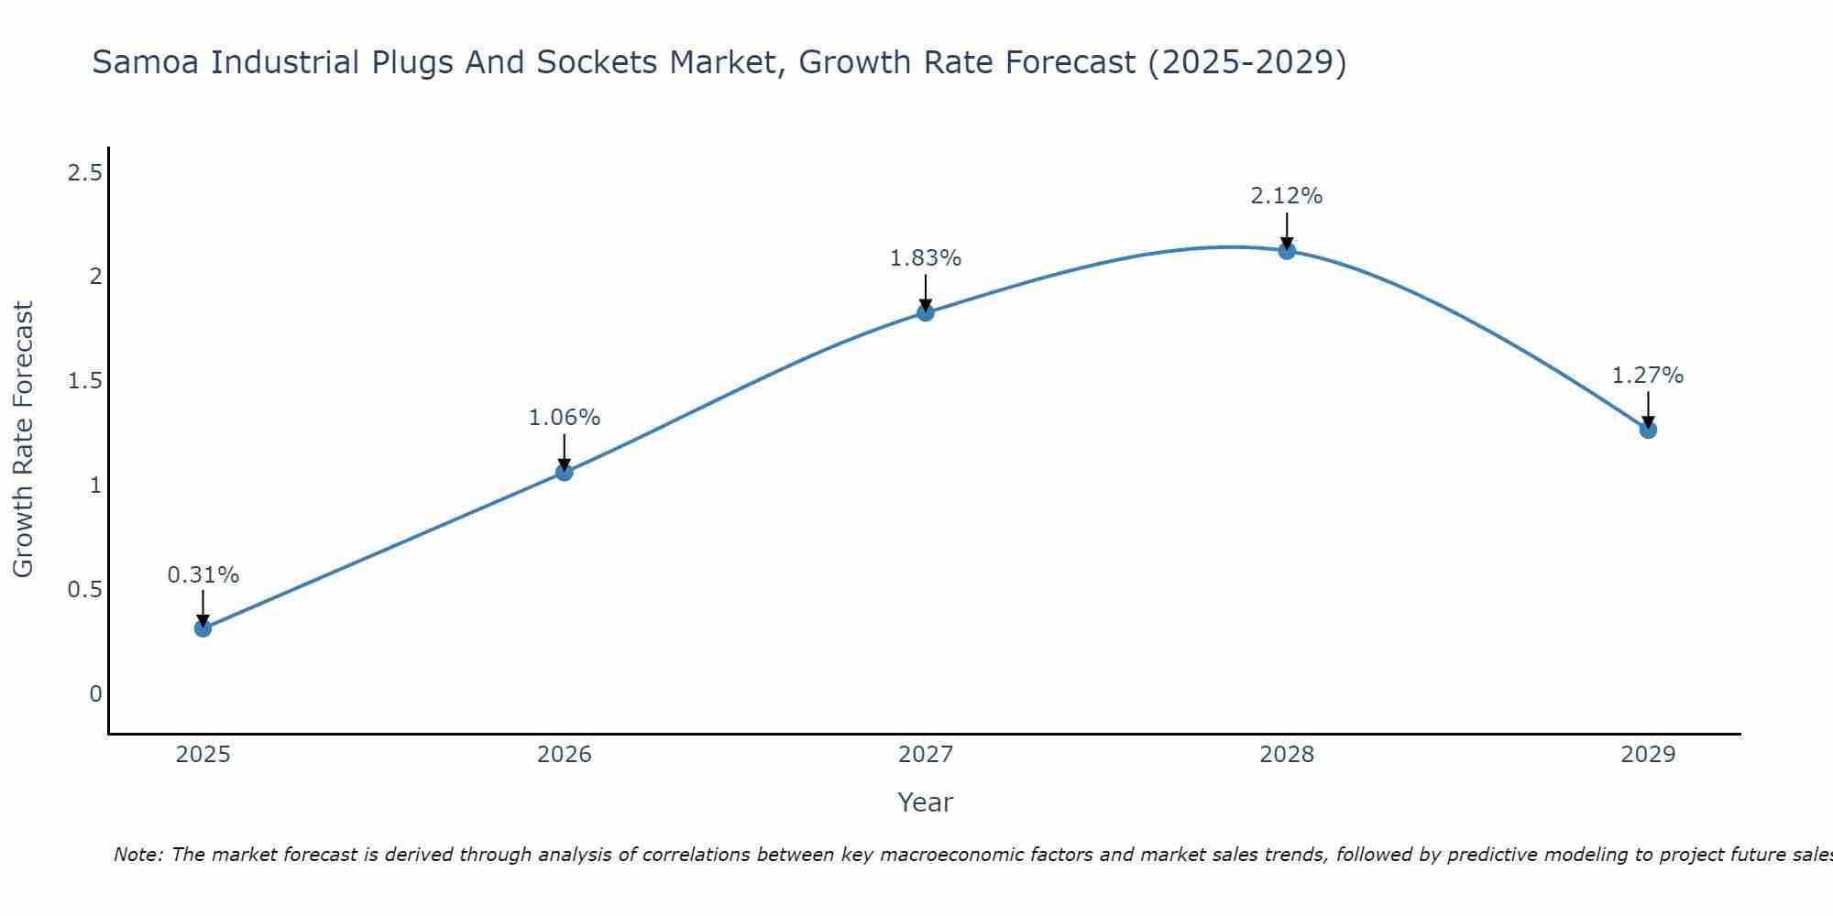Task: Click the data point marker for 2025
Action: [203, 628]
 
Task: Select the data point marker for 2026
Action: [564, 472]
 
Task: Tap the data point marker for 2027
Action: [926, 312]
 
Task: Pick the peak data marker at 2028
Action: [1287, 251]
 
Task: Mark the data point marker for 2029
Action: [1648, 430]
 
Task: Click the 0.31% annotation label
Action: [203, 575]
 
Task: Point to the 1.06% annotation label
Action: [564, 418]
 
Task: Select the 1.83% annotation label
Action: [926, 258]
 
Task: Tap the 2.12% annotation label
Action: [1287, 196]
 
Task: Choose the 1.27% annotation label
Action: [1648, 376]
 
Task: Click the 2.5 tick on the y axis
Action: [84, 172]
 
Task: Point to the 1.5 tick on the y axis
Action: [84, 381]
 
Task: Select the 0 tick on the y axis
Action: [95, 694]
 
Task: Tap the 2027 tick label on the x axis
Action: [926, 755]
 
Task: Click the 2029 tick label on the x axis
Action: [1648, 755]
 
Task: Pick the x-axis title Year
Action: [926, 802]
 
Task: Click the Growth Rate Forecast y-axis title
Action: [23, 440]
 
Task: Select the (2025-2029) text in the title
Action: [1246, 63]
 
